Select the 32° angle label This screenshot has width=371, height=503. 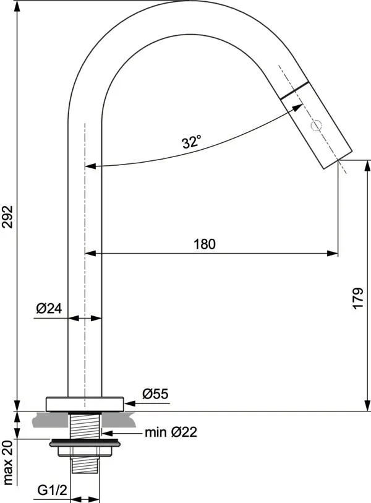tap(192, 142)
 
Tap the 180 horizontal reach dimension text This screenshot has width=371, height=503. tap(204, 244)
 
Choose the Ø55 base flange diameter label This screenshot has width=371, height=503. tap(155, 394)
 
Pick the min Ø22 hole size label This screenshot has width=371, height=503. tap(171, 432)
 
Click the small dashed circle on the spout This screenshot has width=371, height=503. tap(317, 126)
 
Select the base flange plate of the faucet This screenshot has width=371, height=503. tap(85, 403)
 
